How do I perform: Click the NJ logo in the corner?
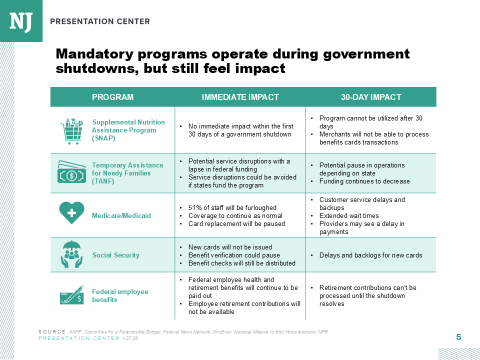coord(21,21)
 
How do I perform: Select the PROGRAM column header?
coord(112,97)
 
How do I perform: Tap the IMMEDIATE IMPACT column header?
coord(240,97)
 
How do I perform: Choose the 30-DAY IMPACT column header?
coord(371,97)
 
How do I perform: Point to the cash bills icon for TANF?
coord(71,172)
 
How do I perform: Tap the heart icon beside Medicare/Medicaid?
coord(71,213)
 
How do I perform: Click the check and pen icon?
coord(71,295)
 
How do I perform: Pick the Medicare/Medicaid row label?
coord(121,215)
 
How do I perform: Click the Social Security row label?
coord(116,255)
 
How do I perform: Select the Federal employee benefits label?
coord(120,295)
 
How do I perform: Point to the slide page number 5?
coord(458,337)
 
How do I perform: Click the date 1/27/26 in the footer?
coord(130,338)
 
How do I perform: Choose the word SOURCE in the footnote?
coord(51,332)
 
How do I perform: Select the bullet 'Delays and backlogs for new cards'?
coord(370,255)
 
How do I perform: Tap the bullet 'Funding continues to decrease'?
coord(364,181)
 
